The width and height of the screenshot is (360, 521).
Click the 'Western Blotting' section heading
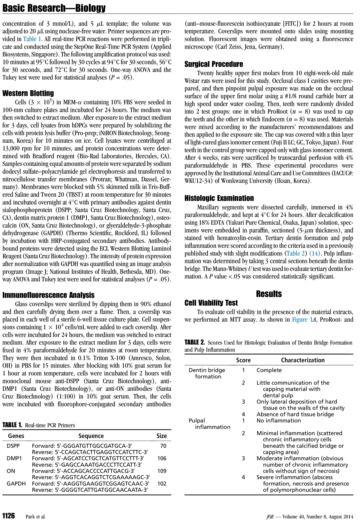[28, 93]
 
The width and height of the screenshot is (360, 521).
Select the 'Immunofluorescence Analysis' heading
[48, 295]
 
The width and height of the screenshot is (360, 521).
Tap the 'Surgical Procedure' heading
[214, 64]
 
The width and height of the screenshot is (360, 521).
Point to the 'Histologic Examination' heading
[219, 198]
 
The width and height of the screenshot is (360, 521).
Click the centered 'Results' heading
[269, 294]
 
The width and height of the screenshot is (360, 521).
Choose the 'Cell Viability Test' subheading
[211, 303]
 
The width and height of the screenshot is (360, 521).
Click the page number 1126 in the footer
[9, 516]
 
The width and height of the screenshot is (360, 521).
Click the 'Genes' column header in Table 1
[16, 436]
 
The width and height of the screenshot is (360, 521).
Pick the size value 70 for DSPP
[163, 446]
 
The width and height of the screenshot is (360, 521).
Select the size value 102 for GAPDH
[162, 484]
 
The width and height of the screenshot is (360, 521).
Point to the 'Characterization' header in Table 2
[303, 360]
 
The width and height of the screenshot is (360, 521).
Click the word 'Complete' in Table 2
[269, 370]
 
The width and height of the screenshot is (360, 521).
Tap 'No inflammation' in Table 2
[279, 421]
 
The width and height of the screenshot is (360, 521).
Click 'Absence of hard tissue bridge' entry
[295, 414]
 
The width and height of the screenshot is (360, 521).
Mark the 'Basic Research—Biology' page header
[54, 8]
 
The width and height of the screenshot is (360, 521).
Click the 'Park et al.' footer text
[36, 517]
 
